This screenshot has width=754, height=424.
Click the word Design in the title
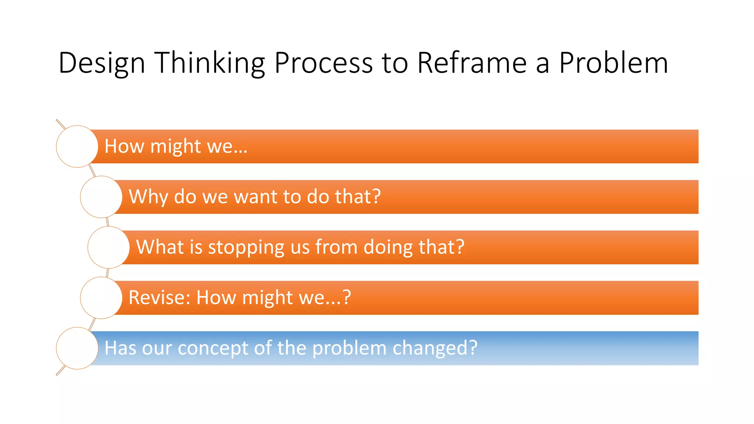[102, 63]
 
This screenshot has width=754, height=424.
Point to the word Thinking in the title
[209, 63]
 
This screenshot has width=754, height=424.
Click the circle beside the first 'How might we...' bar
[77, 146]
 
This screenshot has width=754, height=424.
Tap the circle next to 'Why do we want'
[101, 197]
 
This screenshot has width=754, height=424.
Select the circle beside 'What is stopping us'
[109, 247]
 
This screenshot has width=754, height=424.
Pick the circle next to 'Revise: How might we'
[101, 298]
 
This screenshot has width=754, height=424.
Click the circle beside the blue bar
[77, 348]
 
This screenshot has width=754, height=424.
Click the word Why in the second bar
[148, 197]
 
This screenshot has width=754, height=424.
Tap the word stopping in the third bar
[246, 247]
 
